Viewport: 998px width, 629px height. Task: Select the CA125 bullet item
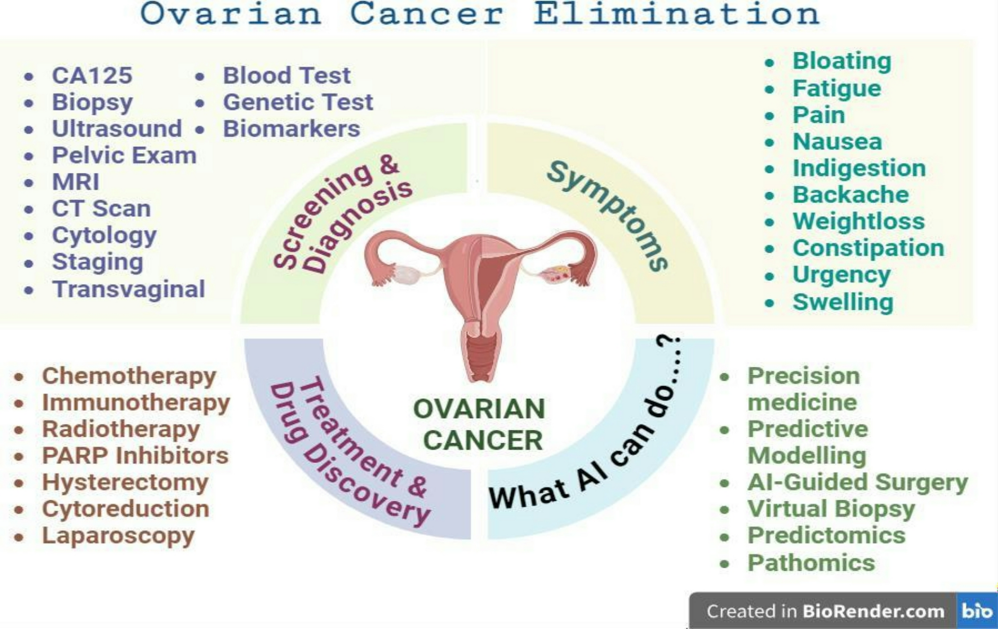92,76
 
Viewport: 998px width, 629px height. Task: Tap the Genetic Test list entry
298,102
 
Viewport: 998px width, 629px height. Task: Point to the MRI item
76,182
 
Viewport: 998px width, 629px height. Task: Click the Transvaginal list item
129,289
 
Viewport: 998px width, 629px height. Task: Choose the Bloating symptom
842,62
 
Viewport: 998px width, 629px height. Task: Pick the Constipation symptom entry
868,248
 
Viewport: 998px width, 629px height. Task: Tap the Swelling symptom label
843,302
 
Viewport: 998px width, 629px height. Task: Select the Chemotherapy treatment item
129,376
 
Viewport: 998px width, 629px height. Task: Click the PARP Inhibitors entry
135,456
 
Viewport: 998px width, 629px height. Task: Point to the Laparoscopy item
118,536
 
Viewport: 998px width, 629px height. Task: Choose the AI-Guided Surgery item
858,483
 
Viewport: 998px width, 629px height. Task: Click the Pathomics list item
811,563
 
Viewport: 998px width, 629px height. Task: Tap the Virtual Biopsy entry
832,510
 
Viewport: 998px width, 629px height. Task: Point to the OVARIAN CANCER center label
480,424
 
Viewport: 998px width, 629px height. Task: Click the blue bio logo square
977,611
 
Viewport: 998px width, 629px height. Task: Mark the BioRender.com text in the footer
873,611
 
